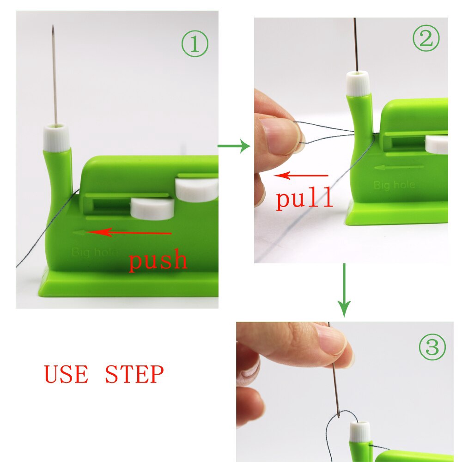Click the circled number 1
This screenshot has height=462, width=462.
pos(195,45)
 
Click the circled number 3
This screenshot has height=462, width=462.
pos(432,348)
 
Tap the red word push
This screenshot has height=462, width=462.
pos(158,260)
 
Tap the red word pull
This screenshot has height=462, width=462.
pos(304,198)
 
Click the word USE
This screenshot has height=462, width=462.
pos(66,374)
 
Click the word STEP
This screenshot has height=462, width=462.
pos(134,374)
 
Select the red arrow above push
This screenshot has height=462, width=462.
pos(129,232)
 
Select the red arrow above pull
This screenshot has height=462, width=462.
pos(301,176)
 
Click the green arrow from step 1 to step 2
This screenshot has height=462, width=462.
pos(233,147)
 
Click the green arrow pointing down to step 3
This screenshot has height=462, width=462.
pos(344,291)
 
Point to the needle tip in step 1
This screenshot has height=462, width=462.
pos(53,28)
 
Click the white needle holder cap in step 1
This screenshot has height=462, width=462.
pos(56,136)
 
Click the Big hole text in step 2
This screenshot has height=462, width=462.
pos(394,185)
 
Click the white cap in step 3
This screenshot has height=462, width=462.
pos(360,432)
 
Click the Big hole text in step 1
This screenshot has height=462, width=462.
pos(94,252)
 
